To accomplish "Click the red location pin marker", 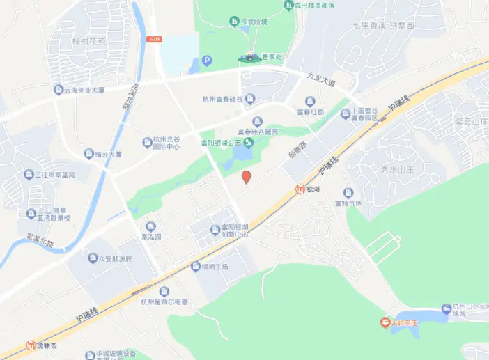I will (x=245, y=177).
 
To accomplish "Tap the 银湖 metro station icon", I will (x=300, y=189).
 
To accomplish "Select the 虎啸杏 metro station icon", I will (x=31, y=345).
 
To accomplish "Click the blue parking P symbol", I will (x=206, y=61).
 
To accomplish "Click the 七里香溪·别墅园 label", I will (x=385, y=24).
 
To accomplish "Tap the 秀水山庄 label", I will (x=398, y=169).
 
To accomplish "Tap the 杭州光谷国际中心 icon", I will (x=147, y=143).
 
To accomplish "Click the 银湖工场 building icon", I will (x=196, y=266).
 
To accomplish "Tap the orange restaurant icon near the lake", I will (x=384, y=322).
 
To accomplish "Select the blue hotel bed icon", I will (x=447, y=308).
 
